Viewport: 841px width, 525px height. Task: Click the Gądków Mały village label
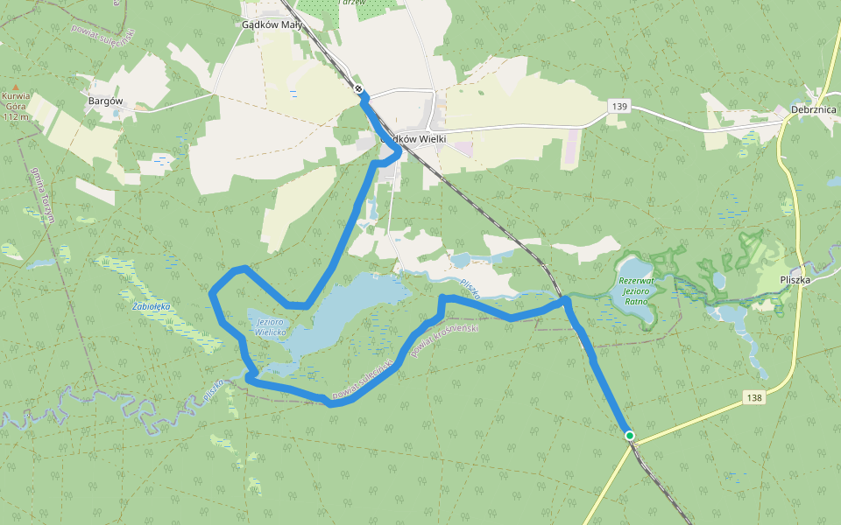[x=272, y=24]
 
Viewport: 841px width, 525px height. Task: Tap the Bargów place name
[x=105, y=101]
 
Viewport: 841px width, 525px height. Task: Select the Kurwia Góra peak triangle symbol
[x=16, y=86]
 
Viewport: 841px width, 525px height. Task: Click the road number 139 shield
[x=619, y=106]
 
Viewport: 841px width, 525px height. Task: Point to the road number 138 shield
[x=755, y=397]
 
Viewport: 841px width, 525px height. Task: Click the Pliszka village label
[x=797, y=281]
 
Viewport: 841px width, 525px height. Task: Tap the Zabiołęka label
[x=151, y=307]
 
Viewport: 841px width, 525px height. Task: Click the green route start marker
[x=629, y=435]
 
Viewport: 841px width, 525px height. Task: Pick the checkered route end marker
[x=359, y=88]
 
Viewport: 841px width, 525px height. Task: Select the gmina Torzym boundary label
[x=41, y=194]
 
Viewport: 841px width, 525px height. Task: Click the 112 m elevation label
[x=17, y=116]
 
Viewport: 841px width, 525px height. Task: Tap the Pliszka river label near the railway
[x=470, y=289]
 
